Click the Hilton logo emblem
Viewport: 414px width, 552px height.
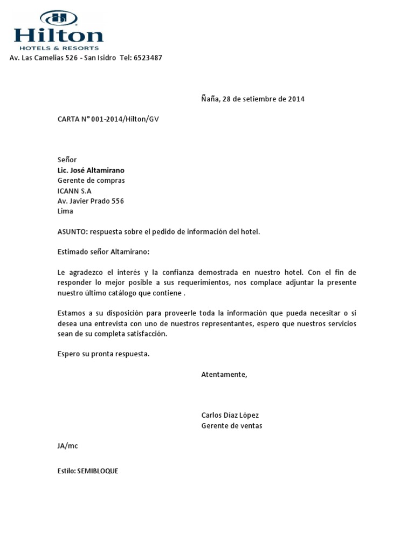59,18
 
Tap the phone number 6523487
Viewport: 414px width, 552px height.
148,58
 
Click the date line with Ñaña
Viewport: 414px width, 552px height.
253,99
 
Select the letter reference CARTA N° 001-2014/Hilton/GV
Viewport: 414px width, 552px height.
108,120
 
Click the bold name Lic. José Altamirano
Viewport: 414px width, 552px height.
91,170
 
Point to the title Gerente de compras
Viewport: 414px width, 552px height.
91,181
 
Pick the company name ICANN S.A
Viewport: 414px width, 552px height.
74,191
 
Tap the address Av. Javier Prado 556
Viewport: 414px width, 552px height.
91,201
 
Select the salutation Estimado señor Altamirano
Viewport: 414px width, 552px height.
103,252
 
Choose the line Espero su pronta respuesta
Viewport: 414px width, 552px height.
103,354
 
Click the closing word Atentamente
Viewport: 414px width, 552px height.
224,375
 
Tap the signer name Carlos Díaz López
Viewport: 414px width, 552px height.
230,416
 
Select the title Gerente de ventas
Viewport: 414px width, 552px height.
232,426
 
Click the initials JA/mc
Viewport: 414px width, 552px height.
68,446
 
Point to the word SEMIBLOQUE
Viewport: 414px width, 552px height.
98,471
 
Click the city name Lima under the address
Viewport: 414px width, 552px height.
65,211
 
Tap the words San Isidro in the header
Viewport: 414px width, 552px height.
100,58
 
